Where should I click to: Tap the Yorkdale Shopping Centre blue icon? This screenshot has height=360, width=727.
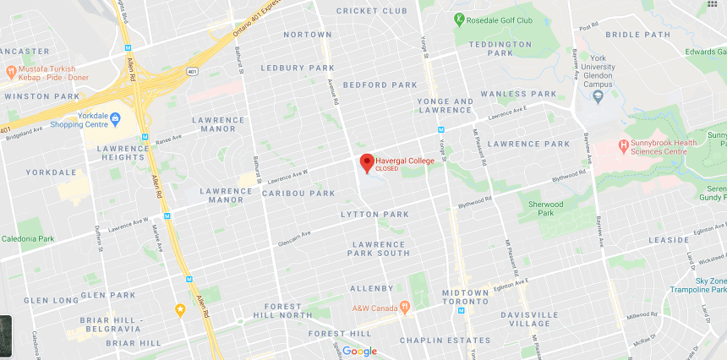click(115, 117)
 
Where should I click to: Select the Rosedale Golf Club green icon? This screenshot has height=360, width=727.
click(459, 19)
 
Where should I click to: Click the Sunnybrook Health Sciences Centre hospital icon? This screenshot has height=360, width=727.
click(623, 144)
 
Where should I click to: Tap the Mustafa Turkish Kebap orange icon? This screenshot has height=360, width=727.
click(10, 73)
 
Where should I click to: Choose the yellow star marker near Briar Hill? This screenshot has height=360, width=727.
click(180, 309)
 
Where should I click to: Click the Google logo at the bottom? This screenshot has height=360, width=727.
click(359, 351)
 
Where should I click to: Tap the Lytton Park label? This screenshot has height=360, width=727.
click(374, 215)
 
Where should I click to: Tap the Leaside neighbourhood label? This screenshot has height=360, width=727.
click(669, 240)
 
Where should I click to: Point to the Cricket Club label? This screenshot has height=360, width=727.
click(371, 11)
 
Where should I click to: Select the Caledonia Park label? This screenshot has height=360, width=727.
click(28, 239)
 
